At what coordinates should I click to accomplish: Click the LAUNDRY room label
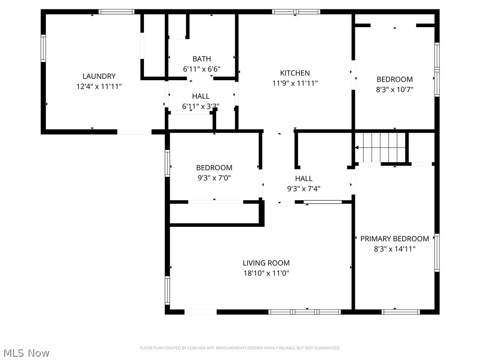pyautogui.click(x=99, y=76)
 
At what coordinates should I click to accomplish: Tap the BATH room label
pyautogui.click(x=202, y=59)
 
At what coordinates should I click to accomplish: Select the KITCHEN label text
pyautogui.click(x=295, y=73)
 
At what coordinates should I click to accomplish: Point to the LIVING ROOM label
pyautogui.click(x=266, y=263)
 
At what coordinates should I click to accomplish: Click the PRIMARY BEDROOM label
pyautogui.click(x=394, y=239)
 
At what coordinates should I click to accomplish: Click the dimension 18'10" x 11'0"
pyautogui.click(x=266, y=273)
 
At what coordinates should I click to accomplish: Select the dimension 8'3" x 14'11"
pyautogui.click(x=394, y=249)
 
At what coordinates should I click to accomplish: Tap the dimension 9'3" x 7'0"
pyautogui.click(x=214, y=178)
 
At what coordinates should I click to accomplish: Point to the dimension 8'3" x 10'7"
pyautogui.click(x=395, y=90)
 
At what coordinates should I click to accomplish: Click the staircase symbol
pyautogui.click(x=381, y=147)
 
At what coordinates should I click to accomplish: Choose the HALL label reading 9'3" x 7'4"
pyautogui.click(x=304, y=179)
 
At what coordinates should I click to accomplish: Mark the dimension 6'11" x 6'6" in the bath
pyautogui.click(x=202, y=69)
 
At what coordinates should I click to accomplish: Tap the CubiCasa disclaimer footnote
pyautogui.click(x=240, y=348)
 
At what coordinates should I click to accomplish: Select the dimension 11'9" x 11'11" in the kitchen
pyautogui.click(x=295, y=83)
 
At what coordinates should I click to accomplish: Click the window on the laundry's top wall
pyautogui.click(x=116, y=12)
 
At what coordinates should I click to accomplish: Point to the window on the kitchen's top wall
pyautogui.click(x=296, y=12)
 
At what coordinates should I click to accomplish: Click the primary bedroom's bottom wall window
pyautogui.click(x=401, y=311)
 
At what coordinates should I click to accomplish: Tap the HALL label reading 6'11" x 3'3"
pyautogui.click(x=201, y=97)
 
